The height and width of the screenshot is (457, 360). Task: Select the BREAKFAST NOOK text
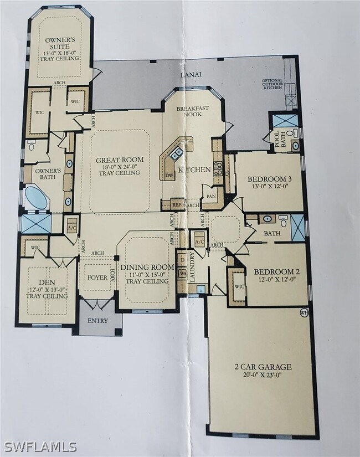click(192, 111)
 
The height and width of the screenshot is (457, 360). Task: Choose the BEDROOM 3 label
click(267, 178)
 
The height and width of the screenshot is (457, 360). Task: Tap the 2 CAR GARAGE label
click(263, 367)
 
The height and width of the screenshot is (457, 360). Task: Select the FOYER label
click(97, 278)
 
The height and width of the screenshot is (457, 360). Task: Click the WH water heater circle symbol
click(303, 312)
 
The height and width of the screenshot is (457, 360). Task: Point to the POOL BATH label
click(277, 141)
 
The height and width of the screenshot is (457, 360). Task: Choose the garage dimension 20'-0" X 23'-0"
click(263, 376)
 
